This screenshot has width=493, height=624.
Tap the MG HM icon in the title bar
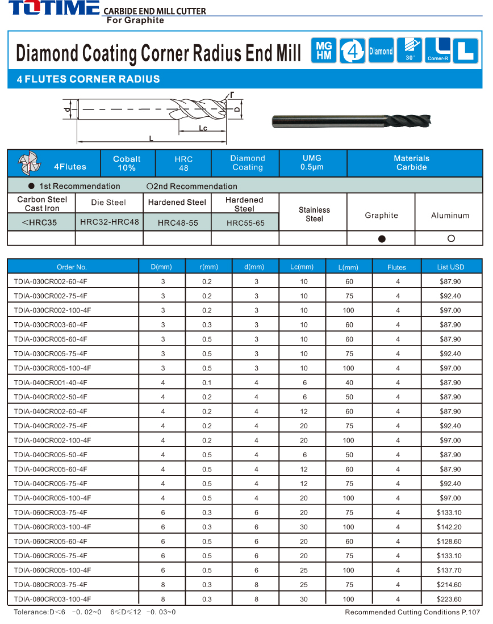pyautogui.click(x=324, y=51)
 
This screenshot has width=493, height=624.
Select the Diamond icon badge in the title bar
pyautogui.click(x=381, y=51)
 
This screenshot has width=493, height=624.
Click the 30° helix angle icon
pyautogui.click(x=409, y=50)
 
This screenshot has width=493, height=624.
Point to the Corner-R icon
pyautogui.click(x=438, y=50)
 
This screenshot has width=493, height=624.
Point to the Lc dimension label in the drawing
pyautogui.click(x=203, y=128)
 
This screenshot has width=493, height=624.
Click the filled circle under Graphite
pyautogui.click(x=382, y=239)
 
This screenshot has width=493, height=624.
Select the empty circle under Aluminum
pyautogui.click(x=451, y=238)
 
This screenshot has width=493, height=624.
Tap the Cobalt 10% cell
pyautogui.click(x=127, y=163)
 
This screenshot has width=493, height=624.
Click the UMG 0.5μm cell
pyautogui.click(x=312, y=163)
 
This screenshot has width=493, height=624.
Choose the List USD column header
pyautogui.click(x=450, y=267)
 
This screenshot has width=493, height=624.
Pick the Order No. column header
pyautogui.click(x=72, y=267)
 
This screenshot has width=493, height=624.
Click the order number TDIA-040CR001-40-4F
pyautogui.click(x=51, y=383)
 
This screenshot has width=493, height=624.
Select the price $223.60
pyautogui.click(x=450, y=599)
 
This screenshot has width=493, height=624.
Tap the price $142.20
pyautogui.click(x=450, y=527)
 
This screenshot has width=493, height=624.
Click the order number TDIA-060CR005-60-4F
pyautogui.click(x=51, y=541)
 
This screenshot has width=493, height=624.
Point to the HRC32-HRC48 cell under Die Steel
pyautogui.click(x=109, y=222)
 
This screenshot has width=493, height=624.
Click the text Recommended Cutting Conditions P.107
pyautogui.click(x=412, y=612)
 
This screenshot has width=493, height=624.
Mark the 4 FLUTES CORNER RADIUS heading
pyautogui.click(x=89, y=79)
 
